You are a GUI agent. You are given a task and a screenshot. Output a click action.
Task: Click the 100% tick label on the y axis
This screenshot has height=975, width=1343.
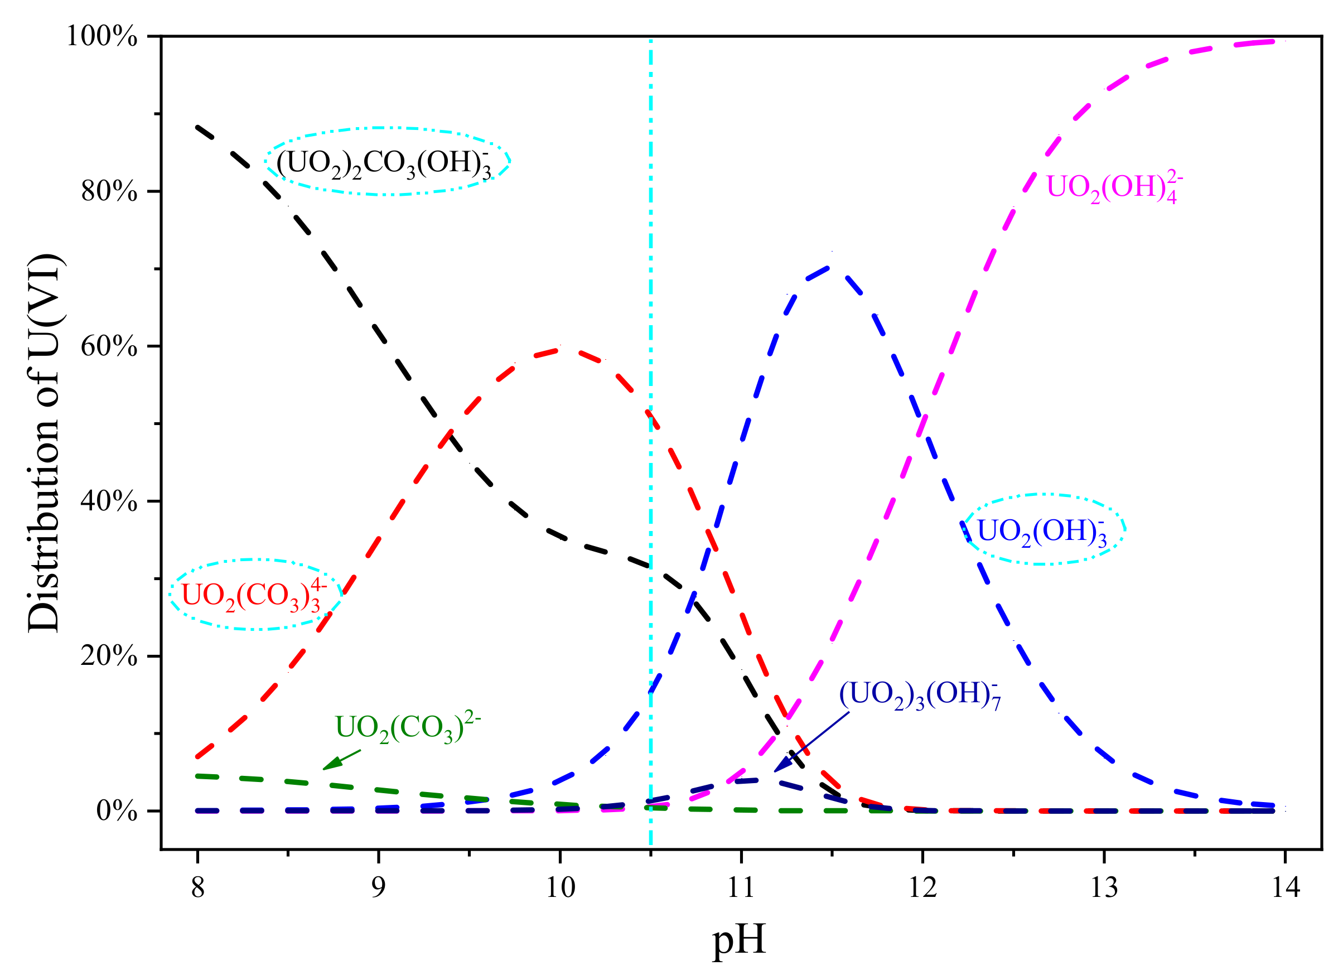(x=102, y=37)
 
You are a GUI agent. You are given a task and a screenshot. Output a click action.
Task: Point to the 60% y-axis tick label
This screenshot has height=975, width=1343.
(x=109, y=346)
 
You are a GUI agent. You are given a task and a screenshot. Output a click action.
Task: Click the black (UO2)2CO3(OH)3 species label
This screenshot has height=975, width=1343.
(x=384, y=163)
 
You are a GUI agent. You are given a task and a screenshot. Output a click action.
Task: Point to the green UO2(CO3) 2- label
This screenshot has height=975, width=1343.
(x=407, y=728)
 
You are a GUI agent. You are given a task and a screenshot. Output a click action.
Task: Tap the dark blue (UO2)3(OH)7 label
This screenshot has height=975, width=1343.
(x=920, y=694)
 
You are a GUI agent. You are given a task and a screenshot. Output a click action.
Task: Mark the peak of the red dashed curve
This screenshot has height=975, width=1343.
(x=559, y=350)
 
